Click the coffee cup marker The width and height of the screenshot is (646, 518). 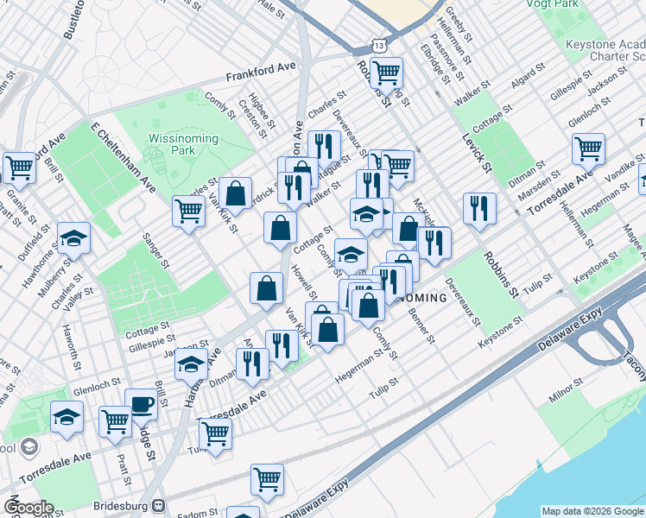pos(141,402)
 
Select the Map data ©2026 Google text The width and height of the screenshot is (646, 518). pos(592,510)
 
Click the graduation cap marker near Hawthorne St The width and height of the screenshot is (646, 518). pos(73,237)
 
